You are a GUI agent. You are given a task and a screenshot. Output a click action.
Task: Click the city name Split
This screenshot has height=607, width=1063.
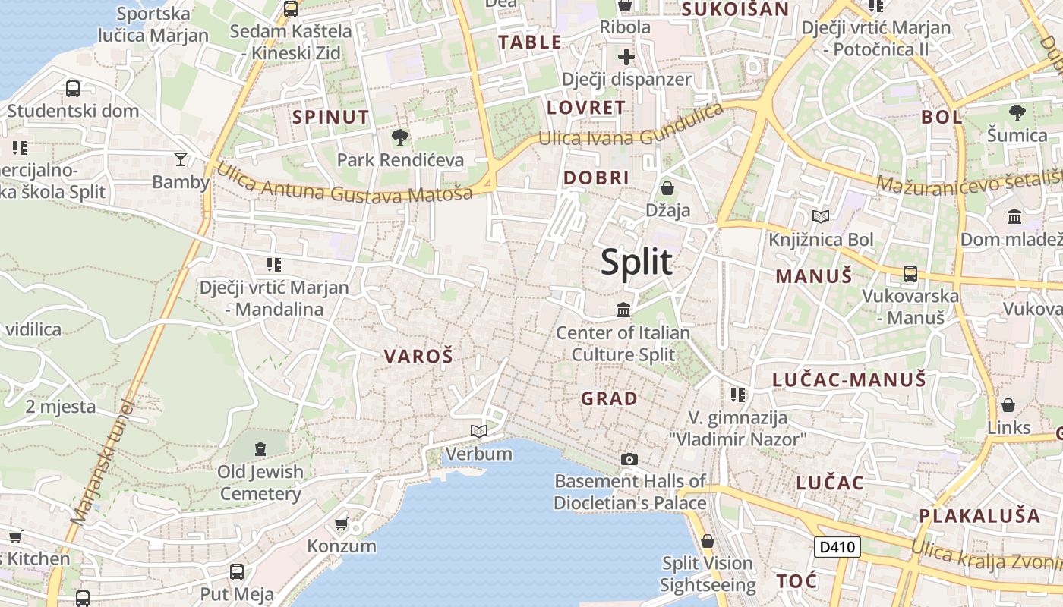636,262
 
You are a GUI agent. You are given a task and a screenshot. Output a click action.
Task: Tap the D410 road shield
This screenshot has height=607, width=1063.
837,546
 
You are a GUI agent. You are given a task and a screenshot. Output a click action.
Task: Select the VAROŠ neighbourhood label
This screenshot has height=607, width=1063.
418,356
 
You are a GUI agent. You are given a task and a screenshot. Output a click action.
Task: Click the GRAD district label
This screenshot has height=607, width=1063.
609,398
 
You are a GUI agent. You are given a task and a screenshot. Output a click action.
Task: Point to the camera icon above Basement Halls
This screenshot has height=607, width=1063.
629,459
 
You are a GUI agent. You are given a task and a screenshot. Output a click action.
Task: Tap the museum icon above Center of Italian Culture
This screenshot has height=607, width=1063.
623,310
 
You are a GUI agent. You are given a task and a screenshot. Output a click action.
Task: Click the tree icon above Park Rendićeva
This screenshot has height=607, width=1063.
399,137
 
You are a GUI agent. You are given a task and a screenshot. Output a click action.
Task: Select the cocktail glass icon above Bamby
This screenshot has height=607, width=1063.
180,159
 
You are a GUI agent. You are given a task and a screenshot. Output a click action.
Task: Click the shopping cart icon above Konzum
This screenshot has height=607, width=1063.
342,524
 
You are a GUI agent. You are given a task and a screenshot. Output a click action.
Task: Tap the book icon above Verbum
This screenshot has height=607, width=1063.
478,432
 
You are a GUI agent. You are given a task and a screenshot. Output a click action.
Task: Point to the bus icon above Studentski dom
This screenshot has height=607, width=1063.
73,88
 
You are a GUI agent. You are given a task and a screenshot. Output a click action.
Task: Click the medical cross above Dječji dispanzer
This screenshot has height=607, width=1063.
626,57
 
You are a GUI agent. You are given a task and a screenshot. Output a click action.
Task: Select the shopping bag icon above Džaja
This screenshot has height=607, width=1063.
667,187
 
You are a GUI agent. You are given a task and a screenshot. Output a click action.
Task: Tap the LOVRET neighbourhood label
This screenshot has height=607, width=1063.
586,108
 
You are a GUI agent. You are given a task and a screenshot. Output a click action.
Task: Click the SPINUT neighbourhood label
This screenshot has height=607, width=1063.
331,117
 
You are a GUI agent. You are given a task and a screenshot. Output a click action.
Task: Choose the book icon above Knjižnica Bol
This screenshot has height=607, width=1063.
820,217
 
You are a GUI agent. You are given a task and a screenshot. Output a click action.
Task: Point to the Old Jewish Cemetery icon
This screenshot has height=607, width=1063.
260,448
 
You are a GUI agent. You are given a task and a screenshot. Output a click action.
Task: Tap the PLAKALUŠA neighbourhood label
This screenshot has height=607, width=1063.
979,516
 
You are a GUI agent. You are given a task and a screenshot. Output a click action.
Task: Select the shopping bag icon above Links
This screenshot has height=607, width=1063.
1008,405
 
